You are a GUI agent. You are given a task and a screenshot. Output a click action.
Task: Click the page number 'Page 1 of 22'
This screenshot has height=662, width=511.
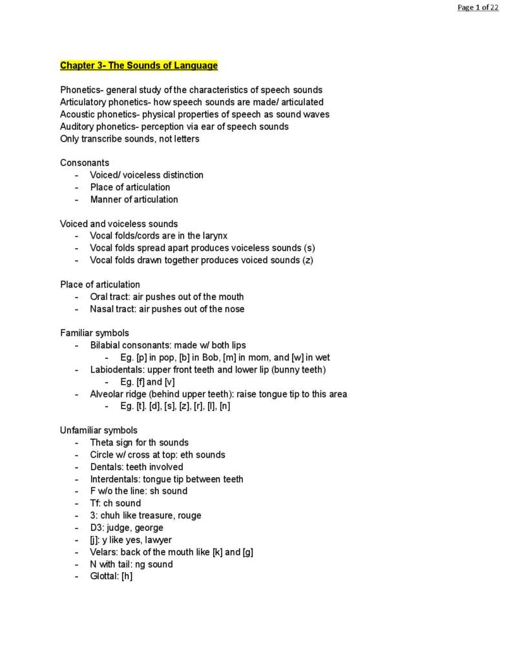pos(477,7)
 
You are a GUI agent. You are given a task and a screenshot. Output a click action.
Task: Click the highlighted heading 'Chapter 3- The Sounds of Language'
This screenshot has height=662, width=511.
pos(139,65)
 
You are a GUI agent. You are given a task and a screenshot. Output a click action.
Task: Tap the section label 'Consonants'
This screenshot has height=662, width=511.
pos(85,163)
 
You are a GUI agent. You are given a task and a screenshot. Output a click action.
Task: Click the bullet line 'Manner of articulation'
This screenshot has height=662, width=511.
pos(134,199)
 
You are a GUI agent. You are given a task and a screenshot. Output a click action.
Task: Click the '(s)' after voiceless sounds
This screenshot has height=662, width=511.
pos(309,248)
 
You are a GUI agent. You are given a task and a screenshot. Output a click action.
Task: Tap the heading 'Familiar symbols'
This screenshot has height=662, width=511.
pos(94,333)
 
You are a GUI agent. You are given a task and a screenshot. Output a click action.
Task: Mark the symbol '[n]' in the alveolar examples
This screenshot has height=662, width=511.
pos(224,406)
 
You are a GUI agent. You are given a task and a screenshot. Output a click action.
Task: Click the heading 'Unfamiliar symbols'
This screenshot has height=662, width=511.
pos(99,431)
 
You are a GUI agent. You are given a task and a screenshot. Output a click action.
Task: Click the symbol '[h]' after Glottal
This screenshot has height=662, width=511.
pos(127,576)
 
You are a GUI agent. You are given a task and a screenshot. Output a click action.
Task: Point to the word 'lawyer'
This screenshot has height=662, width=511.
pos(158,540)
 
